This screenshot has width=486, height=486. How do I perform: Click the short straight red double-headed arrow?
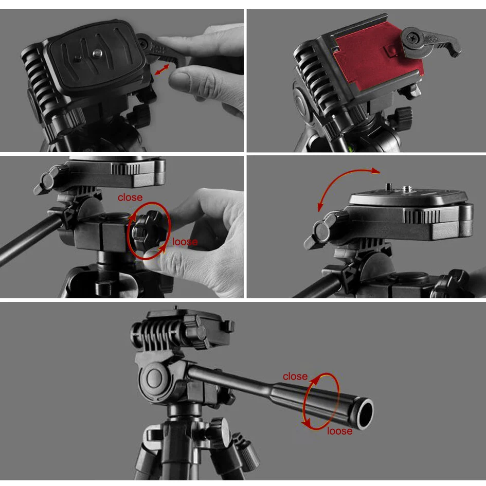tap(162, 69)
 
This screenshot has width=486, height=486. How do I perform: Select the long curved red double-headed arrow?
tap(337, 177)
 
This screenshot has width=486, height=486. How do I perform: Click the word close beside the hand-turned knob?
tap(130, 197)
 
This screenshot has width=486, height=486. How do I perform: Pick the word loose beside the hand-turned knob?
tap(185, 242)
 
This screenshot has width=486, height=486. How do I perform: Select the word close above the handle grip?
tap(295, 376)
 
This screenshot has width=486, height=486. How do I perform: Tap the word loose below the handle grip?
tap(340, 431)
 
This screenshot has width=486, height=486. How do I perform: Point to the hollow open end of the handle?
tap(365, 414)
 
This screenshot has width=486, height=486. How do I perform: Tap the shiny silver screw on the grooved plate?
tap(98, 53)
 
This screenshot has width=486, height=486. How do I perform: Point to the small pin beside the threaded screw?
tap(388, 187)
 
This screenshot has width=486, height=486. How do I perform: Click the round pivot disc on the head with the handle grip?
tap(155, 379)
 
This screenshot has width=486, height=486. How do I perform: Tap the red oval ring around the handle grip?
tap(321, 401)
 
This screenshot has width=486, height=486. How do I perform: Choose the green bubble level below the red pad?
tap(351, 148)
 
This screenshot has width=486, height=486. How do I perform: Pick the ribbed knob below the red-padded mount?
tap(402, 118)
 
